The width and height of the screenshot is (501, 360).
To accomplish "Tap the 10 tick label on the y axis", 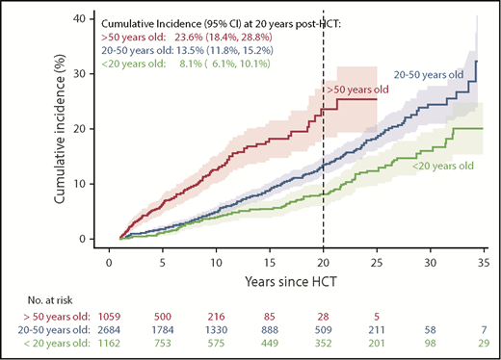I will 88,183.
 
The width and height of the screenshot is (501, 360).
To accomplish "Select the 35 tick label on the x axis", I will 479,259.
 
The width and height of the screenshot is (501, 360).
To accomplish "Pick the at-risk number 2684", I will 112,337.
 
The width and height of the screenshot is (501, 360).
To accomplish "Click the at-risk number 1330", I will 221,337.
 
